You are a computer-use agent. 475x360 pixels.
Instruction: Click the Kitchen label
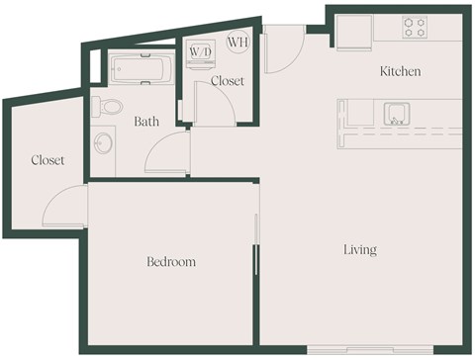coord(401,71)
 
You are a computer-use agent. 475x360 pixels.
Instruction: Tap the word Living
coord(360,250)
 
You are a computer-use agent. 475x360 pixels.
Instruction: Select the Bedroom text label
coord(171,262)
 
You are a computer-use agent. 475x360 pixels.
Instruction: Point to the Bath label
coord(147,122)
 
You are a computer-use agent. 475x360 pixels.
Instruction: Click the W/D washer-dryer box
coord(200,50)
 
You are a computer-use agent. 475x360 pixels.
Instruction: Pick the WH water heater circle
coord(237,42)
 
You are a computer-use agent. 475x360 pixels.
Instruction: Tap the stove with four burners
coord(415,28)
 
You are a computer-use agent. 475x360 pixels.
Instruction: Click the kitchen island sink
coord(397,114)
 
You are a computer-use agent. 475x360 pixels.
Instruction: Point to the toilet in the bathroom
coord(111,105)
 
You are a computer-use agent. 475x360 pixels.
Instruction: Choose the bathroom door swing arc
coord(167,154)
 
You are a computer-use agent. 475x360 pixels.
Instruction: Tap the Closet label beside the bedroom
coord(47,159)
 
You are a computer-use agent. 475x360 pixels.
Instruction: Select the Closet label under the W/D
coord(228,81)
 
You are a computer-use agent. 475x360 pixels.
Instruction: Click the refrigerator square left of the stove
coord(352,32)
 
